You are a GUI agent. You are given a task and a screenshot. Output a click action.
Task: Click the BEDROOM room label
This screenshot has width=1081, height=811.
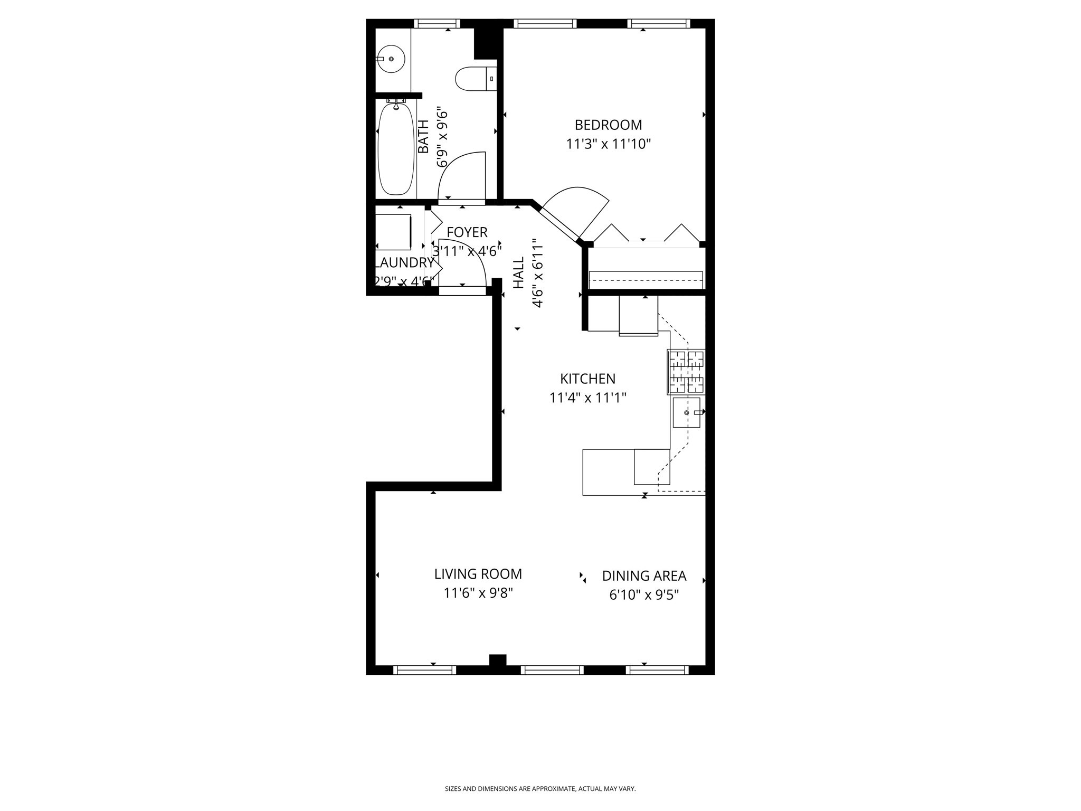pos(608,125)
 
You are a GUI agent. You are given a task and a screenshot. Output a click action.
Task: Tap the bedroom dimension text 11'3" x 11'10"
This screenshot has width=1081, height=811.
pos(608,144)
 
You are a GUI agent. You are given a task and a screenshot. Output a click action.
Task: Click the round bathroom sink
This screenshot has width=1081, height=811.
pos(391,59)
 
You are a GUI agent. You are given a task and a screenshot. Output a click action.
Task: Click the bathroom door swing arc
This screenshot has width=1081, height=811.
pos(461,175)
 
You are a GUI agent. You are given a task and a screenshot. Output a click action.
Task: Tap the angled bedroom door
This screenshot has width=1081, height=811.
pos(575,211)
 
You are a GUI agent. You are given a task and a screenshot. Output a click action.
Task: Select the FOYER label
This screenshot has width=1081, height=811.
pos(467,232)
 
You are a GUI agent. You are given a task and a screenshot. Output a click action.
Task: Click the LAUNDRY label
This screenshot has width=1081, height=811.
pos(404,263)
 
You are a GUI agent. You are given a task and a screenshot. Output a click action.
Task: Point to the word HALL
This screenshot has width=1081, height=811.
pos(519,272)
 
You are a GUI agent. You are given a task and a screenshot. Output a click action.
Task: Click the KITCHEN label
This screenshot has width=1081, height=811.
pos(587,379)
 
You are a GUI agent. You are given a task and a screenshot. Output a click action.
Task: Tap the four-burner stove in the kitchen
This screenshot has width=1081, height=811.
pos(686,372)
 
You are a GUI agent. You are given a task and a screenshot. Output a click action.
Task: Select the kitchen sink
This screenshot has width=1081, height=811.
pos(686,412)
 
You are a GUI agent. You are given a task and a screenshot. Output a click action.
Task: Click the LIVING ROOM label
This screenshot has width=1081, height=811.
pos(478,574)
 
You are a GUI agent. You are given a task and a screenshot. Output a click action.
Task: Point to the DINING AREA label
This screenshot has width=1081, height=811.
pos(644,576)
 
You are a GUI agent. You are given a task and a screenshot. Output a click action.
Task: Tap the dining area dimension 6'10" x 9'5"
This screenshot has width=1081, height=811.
pos(644,595)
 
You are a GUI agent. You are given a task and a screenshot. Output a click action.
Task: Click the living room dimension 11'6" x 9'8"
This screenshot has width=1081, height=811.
pos(478,593)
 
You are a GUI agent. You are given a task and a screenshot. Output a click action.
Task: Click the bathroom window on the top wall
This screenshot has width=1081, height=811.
pos(437,23)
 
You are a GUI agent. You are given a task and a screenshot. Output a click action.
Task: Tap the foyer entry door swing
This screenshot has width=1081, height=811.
pos(462,263)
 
